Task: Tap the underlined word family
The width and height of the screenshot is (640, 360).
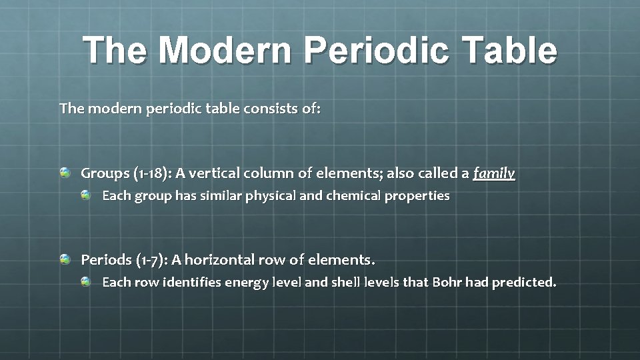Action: pos(494,174)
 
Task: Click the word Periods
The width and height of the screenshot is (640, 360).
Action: pos(105,259)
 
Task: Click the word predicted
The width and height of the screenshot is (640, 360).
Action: pos(523,282)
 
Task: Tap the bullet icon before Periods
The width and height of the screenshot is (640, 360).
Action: pos(65,259)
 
